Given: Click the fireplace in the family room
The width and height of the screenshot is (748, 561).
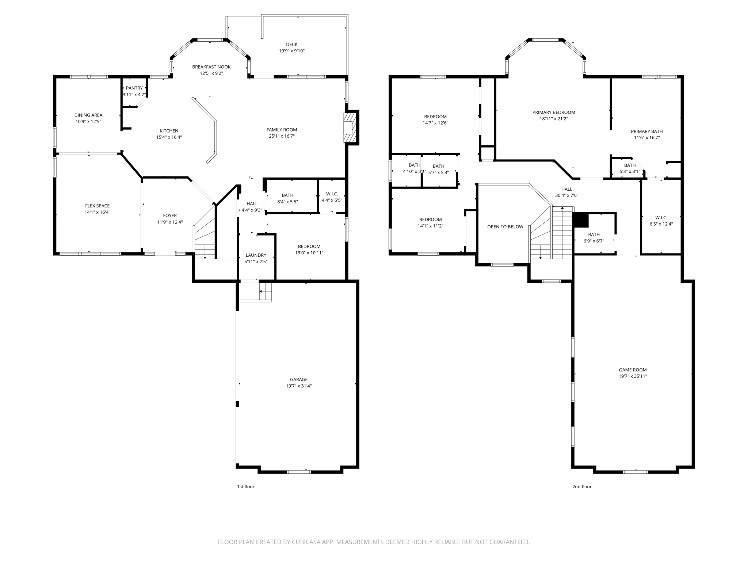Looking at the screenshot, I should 349,127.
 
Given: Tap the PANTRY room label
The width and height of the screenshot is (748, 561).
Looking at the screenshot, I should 134,88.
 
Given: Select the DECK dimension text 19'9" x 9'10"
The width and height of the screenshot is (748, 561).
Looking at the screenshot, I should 291,51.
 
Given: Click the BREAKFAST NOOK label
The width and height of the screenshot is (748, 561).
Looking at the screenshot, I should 211,67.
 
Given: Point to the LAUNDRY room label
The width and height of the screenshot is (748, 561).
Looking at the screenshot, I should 256,255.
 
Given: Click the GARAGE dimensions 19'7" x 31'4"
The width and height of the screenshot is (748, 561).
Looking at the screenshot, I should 298,386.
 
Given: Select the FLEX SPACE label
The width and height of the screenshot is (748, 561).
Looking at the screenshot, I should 97,206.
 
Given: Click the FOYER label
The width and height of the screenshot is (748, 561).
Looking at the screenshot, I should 170,216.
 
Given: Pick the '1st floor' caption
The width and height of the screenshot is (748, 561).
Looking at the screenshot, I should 245,487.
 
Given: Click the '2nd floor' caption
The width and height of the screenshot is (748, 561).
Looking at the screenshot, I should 581,487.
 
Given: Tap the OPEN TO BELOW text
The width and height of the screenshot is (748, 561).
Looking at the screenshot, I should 505,227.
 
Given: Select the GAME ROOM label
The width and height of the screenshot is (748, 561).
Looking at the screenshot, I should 633,370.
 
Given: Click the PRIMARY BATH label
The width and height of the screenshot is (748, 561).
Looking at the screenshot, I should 646,131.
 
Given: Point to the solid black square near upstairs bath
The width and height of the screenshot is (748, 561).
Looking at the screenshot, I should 580,220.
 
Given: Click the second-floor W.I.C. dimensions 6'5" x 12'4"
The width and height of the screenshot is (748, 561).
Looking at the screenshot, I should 661,224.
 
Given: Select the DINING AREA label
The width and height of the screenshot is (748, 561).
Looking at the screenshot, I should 88,115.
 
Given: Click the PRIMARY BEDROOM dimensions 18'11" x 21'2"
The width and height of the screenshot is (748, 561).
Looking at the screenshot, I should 554,119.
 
